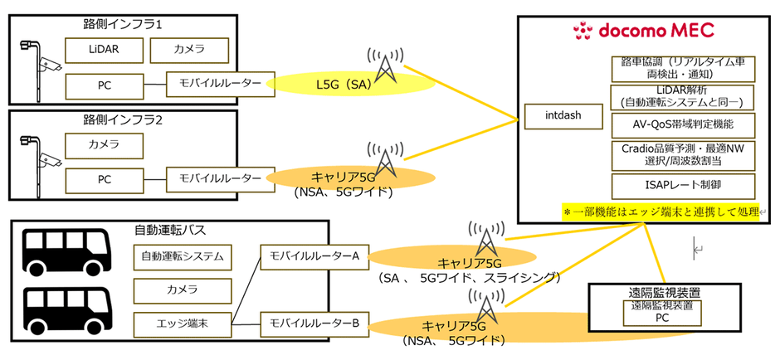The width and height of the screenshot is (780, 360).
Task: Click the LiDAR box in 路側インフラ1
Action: coord(104,50)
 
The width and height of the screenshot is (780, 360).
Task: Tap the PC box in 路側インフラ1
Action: coord(104,84)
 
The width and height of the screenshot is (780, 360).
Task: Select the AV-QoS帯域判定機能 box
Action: coord(683,124)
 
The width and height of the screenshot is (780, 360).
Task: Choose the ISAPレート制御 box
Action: coord(683,185)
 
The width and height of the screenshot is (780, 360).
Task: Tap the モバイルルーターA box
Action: coord(309,256)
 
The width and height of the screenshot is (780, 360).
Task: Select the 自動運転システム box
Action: coord(182,257)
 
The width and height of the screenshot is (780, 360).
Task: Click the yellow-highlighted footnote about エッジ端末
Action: coord(661,212)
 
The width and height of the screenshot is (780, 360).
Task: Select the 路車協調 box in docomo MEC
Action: coord(683,66)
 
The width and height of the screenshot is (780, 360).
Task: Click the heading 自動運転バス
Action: coord(170,230)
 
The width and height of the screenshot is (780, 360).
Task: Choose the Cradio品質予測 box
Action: coord(683,153)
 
